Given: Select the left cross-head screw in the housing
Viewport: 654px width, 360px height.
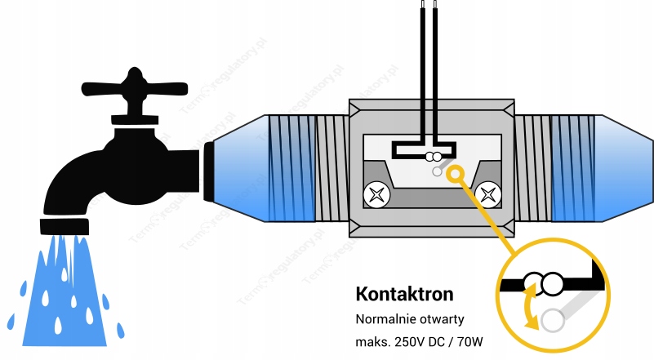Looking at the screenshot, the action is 376,194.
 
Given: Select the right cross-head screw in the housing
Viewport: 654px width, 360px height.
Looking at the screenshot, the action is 489,194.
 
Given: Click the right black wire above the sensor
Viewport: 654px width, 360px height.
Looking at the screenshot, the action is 438,65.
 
